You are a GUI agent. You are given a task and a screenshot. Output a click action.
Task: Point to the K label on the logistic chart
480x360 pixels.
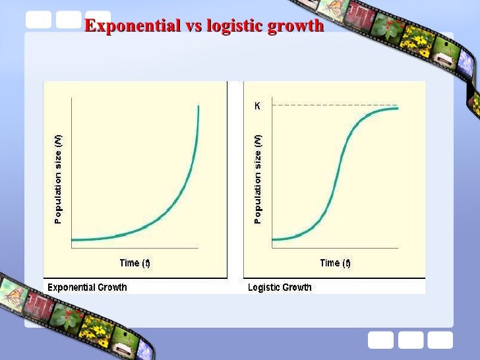pyautogui.click(x=257, y=105)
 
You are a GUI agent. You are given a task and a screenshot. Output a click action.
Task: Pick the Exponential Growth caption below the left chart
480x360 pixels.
pyautogui.click(x=87, y=287)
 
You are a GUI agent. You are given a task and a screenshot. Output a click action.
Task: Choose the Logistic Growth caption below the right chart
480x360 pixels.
pyautogui.click(x=280, y=287)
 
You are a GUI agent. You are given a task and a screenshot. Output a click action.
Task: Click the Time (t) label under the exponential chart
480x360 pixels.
pyautogui.click(x=135, y=262)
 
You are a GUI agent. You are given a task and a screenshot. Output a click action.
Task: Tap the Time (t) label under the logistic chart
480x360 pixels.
pyautogui.click(x=335, y=262)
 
